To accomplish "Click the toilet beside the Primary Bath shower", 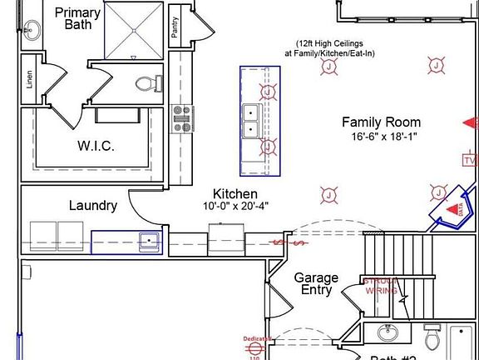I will tap(148, 83).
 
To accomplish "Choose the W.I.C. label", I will tap(96, 146).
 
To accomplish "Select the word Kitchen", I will tap(235, 193).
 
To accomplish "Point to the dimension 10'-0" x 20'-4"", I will tap(236, 206).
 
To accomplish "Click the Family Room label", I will tap(382, 122).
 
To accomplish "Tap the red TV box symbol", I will tap(470, 159).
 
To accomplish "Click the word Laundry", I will tap(92, 205).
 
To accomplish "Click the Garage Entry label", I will tap(316, 283).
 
